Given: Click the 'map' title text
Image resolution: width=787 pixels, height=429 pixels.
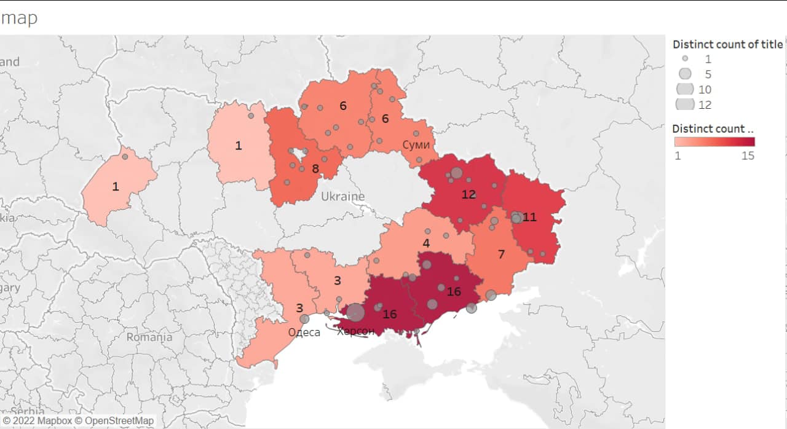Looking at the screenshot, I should click(19, 18).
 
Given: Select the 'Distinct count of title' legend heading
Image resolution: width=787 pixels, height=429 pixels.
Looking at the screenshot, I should click(727, 44).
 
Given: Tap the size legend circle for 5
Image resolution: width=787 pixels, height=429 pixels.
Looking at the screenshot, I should click(685, 74).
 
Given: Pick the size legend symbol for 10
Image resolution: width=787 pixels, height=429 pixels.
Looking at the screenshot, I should click(685, 90).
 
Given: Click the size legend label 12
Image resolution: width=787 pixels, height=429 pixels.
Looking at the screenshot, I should click(705, 105).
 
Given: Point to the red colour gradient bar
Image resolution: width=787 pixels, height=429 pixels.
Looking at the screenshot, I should click(714, 142).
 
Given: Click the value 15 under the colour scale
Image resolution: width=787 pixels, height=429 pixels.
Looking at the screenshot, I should click(747, 155).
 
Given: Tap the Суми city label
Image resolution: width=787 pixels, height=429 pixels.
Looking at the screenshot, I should click(416, 144).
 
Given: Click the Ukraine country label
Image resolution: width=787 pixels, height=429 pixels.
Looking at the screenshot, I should click(342, 197).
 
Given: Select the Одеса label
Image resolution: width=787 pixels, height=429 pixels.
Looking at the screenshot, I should click(304, 333).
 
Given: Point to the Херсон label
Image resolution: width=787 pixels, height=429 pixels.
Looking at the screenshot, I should click(355, 332).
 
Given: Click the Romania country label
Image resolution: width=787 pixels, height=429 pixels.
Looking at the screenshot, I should click(149, 337).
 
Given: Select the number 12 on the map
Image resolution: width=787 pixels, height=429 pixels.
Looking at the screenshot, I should click(469, 195).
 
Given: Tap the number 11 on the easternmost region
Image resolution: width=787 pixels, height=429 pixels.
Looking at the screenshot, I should click(529, 217).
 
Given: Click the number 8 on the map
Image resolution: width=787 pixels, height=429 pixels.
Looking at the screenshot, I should click(315, 168).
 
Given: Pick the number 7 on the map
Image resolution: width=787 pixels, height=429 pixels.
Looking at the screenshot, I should click(501, 254).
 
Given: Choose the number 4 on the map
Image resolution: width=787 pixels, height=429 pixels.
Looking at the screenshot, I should click(426, 243).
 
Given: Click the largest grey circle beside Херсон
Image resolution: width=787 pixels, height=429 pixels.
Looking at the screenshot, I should click(355, 313).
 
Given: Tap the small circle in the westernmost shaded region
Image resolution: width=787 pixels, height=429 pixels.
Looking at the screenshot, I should click(125, 157).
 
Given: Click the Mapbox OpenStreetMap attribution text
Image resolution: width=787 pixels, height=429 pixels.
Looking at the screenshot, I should click(78, 421).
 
